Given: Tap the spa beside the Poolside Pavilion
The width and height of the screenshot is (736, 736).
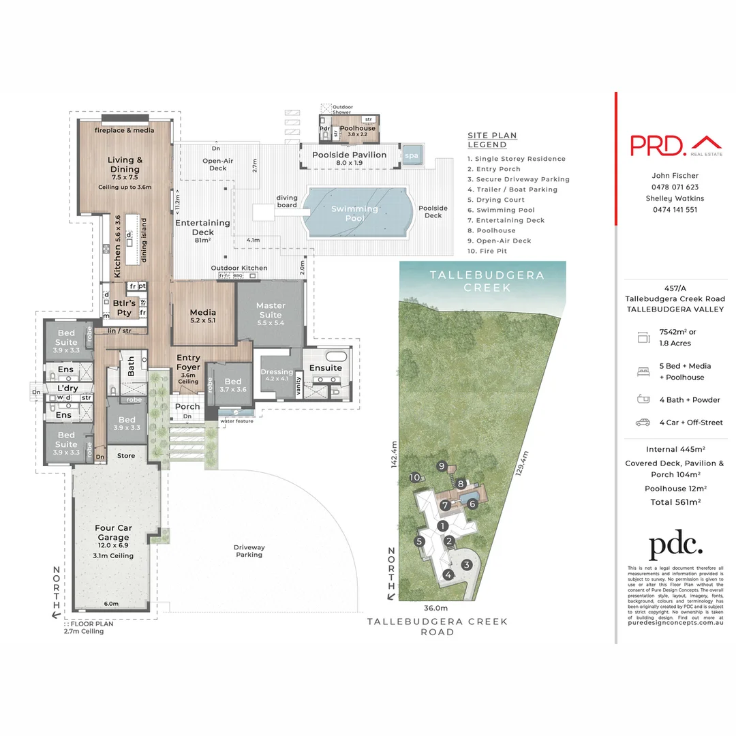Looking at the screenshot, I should [x=411, y=155].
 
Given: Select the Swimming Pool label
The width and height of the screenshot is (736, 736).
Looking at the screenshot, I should [x=354, y=213].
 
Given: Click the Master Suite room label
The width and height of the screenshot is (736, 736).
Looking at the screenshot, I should [x=271, y=310].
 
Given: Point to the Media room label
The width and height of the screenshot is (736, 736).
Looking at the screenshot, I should [x=202, y=316].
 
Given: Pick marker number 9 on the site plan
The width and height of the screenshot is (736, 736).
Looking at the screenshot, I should [x=442, y=466].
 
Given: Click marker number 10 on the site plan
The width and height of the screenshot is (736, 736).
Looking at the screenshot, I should [x=416, y=478].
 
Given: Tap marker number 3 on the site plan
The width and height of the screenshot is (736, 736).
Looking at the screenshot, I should [x=466, y=564].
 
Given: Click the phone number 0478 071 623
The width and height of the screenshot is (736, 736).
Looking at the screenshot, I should [x=675, y=187].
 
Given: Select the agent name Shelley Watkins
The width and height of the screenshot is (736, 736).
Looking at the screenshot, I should [x=675, y=198].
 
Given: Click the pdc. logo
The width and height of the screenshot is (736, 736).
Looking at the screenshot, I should [x=675, y=546].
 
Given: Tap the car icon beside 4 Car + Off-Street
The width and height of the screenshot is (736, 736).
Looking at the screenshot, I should [x=642, y=423].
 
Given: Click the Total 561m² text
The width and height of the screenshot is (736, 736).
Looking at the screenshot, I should [x=675, y=501].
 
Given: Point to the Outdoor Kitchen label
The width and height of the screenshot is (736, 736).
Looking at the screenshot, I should [x=239, y=268].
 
